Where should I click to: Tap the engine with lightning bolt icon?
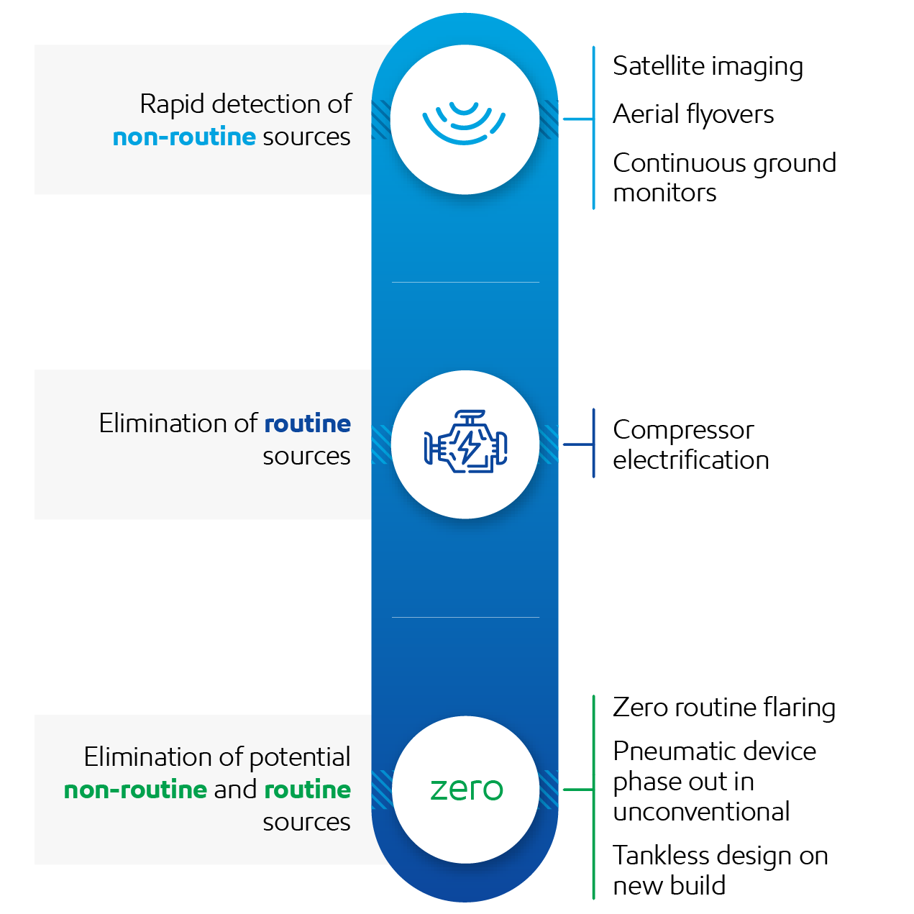point(465,443)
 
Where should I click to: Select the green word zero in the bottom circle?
point(466,789)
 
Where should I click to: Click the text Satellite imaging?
point(708,66)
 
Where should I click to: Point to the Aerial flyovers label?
point(693,114)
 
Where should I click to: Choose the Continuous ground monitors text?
point(723,178)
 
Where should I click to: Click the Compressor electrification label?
point(690,444)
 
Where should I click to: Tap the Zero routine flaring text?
point(723,708)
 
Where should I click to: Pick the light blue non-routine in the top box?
point(184,137)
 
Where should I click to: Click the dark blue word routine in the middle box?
point(307,424)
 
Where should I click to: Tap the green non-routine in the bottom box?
point(135,790)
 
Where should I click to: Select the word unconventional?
point(701,812)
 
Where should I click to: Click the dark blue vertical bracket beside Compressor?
point(593,443)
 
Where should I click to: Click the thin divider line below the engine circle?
point(465,617)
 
